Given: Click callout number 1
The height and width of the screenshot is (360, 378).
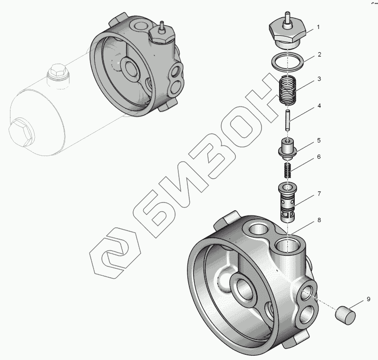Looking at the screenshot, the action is [x=318, y=27].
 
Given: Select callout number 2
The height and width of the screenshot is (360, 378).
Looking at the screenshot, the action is [x=320, y=55].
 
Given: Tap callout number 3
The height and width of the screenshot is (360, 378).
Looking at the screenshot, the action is [x=319, y=79].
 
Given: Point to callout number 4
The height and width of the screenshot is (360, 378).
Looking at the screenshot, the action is [x=319, y=106].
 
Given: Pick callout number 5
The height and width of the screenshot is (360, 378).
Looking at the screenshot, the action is [x=319, y=140].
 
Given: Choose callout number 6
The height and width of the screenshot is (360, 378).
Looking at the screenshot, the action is [x=319, y=157].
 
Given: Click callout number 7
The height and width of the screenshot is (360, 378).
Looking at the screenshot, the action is [x=319, y=194].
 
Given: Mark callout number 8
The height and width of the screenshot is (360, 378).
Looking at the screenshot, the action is [x=319, y=220].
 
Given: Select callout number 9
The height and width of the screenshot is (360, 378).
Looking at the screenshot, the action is [x=368, y=299].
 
